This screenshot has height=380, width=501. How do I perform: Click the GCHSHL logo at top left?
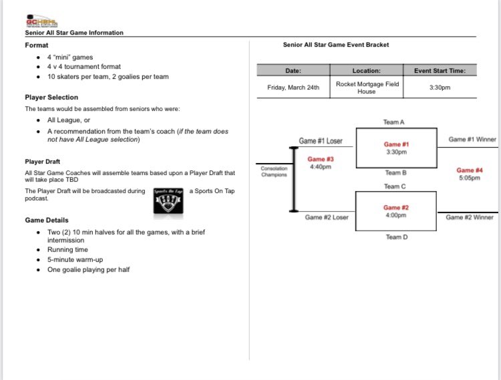click(x=39, y=21)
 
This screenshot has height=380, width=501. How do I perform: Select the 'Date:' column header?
click(x=293, y=71)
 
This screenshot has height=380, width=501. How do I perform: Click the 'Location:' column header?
click(x=366, y=71)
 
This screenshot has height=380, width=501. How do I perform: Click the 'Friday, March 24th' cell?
click(x=293, y=87)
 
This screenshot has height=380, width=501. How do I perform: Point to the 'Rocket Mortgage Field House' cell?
click(x=366, y=87)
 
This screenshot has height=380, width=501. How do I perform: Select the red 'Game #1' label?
click(x=396, y=144)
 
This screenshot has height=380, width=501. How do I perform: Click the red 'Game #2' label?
click(x=396, y=208)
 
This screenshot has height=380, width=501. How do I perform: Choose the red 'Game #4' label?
click(x=470, y=170)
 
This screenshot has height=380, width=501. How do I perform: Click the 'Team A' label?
click(x=394, y=122)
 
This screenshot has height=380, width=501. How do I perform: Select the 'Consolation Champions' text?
click(x=274, y=172)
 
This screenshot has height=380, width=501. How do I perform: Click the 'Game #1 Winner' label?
click(x=472, y=140)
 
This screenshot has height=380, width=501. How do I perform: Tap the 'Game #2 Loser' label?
click(x=327, y=217)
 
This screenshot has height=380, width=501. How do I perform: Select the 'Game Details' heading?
click(x=46, y=220)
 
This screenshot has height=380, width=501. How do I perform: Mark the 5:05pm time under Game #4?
click(x=470, y=178)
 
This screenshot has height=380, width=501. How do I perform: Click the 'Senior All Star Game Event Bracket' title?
click(x=336, y=45)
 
